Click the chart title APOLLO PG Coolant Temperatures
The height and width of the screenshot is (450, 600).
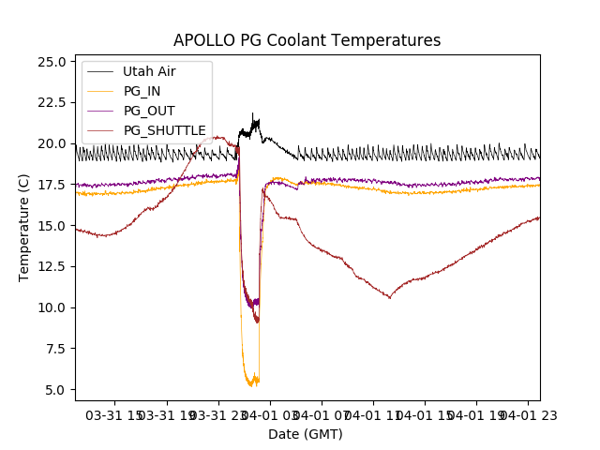click(307, 40)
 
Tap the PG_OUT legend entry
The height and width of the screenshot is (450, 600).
click(149, 111)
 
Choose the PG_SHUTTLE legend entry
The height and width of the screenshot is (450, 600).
click(164, 130)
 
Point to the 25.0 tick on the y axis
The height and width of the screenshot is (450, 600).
click(54, 62)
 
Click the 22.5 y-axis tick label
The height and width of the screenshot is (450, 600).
click(54, 102)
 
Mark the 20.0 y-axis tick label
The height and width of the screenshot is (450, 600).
click(54, 143)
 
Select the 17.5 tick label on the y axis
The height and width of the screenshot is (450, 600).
click(54, 185)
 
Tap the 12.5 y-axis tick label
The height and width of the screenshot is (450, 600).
click(54, 266)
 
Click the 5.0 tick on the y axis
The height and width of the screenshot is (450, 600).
click(58, 389)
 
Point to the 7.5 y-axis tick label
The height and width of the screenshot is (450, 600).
click(58, 349)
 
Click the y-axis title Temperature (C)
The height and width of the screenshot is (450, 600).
click(24, 227)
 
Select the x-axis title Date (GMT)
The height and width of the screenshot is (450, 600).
click(306, 434)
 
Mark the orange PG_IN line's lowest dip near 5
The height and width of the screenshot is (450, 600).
click(250, 385)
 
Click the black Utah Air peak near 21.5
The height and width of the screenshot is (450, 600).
click(252, 114)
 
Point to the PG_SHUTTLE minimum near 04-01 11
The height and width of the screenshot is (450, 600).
click(390, 298)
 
